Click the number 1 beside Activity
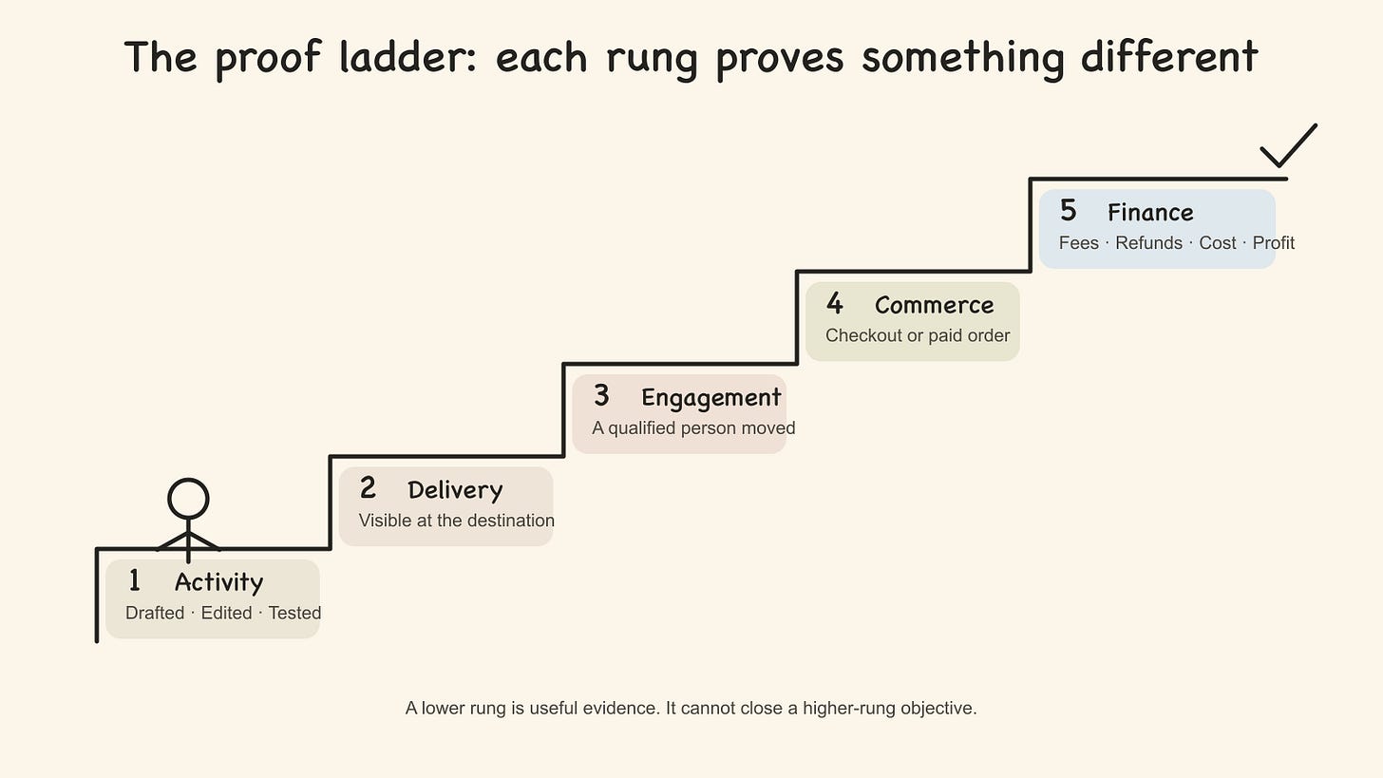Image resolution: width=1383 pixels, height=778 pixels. point(134,580)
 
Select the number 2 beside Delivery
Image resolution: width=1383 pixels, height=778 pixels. point(368,488)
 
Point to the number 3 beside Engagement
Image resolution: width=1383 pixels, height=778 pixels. point(601,395)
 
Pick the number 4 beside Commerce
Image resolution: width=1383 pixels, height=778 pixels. point(835,303)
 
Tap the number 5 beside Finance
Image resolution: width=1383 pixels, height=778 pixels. point(1068,211)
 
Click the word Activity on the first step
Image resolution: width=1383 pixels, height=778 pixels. point(219,583)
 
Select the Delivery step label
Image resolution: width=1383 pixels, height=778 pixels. point(456,490)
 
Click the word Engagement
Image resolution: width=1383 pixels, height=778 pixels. point(711,398)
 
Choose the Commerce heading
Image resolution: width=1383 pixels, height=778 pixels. point(934,305)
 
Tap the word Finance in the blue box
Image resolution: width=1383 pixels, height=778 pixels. point(1150,213)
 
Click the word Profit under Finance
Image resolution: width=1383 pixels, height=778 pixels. point(1273,242)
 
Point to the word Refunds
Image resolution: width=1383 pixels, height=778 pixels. point(1148,242)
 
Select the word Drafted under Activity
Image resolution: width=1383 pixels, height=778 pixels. point(155,613)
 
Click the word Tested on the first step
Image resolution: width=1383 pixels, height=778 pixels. point(294,613)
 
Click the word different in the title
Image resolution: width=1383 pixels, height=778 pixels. point(1169,57)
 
